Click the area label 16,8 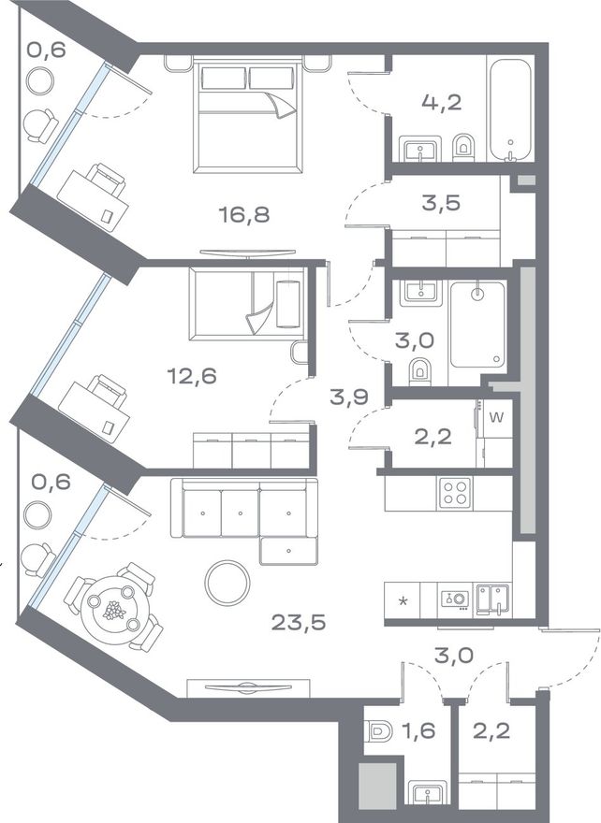coord(244,214)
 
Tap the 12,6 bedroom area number coord(192,376)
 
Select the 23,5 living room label coord(299,623)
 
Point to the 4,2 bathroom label coord(441,103)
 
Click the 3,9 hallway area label coord(349,397)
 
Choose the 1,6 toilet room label coord(419,730)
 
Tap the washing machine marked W coord(496,419)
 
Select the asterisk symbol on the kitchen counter coord(403,600)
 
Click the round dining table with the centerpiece coord(114,611)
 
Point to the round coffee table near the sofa coord(227,583)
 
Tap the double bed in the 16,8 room coord(248,115)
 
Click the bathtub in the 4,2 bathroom coord(510,109)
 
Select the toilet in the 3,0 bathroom coord(419,370)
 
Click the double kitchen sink coord(492,599)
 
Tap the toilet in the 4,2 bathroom coord(463,148)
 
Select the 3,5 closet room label coord(441,203)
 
